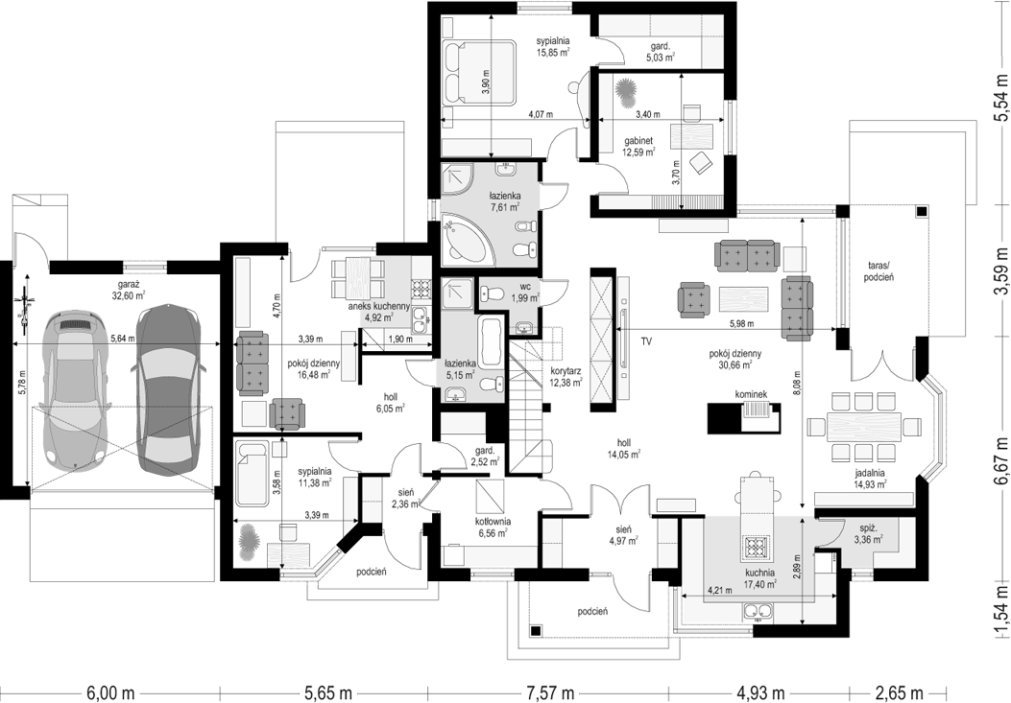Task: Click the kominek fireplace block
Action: (745, 417)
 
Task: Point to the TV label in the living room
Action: (646, 342)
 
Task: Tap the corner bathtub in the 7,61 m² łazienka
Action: (469, 240)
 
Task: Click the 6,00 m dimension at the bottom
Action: (110, 693)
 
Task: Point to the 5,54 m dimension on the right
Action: (1000, 97)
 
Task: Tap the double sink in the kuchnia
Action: (758, 610)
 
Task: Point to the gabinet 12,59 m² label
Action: (638, 147)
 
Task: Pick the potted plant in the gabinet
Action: (624, 94)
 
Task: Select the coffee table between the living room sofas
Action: (744, 301)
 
